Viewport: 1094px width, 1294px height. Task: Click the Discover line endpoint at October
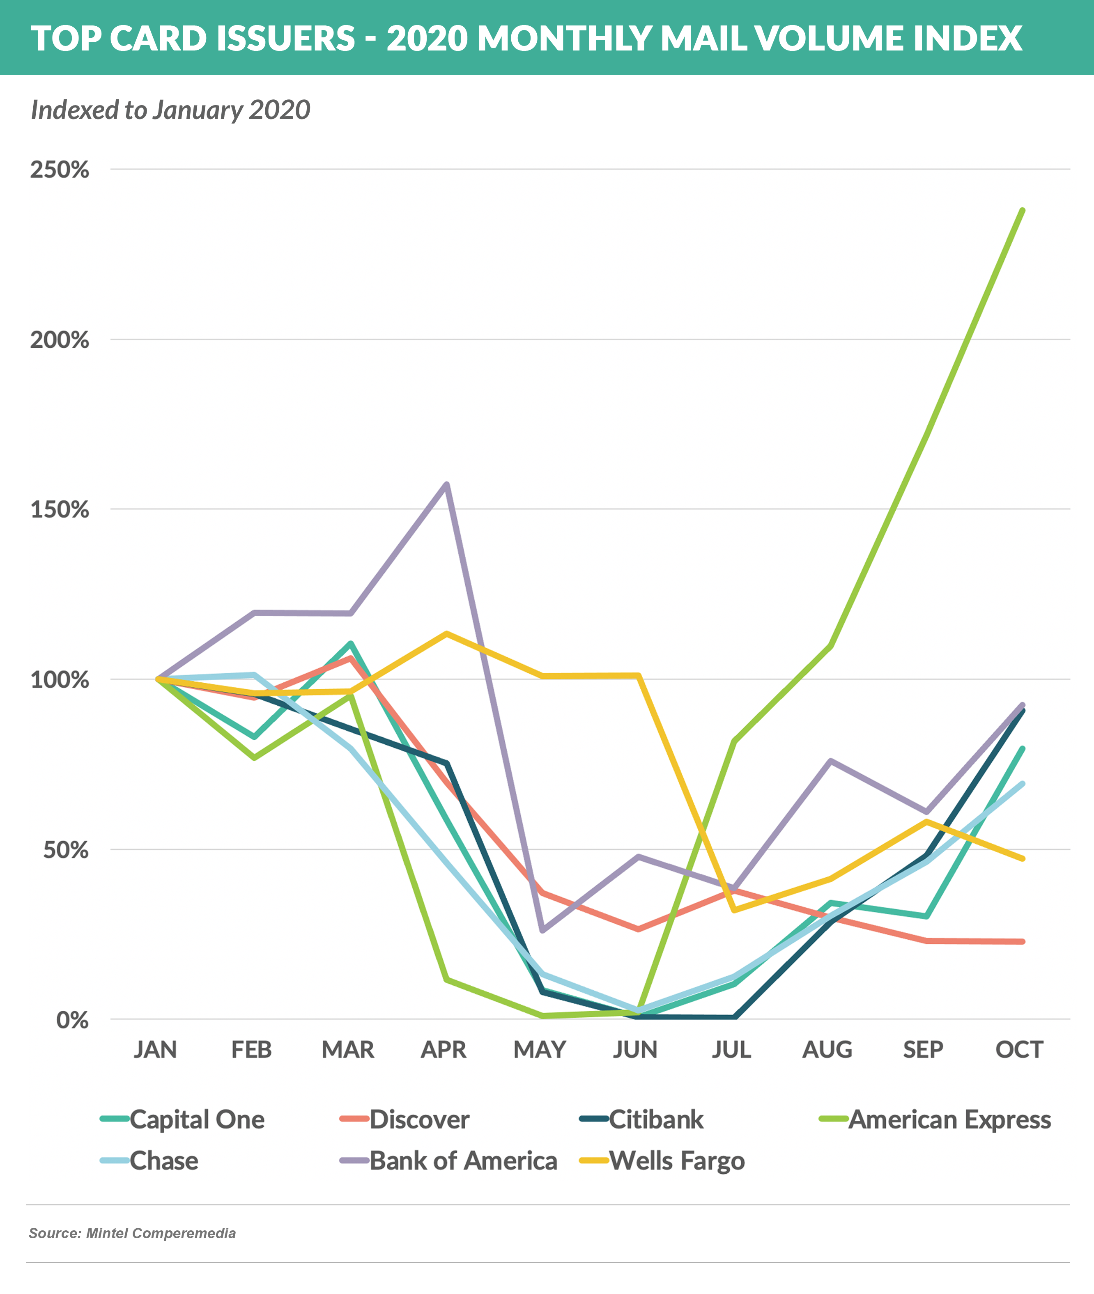[x=1023, y=941]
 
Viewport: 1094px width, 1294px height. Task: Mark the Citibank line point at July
[x=734, y=1017]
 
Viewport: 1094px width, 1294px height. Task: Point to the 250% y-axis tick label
[x=60, y=169]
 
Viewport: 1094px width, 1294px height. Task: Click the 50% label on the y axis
[x=65, y=849]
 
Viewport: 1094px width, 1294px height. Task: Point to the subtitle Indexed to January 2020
[x=170, y=110]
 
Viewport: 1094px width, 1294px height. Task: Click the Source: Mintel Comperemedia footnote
[x=132, y=1233]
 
